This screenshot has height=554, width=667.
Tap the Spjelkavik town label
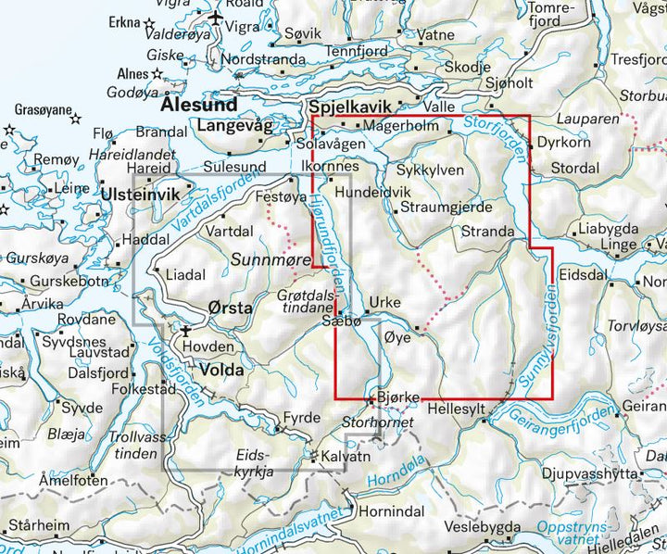pyautogui.click(x=352, y=107)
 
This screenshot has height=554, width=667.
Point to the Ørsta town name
pyautogui.click(x=228, y=310)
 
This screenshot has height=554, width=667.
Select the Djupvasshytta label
pyautogui.click(x=590, y=472)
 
